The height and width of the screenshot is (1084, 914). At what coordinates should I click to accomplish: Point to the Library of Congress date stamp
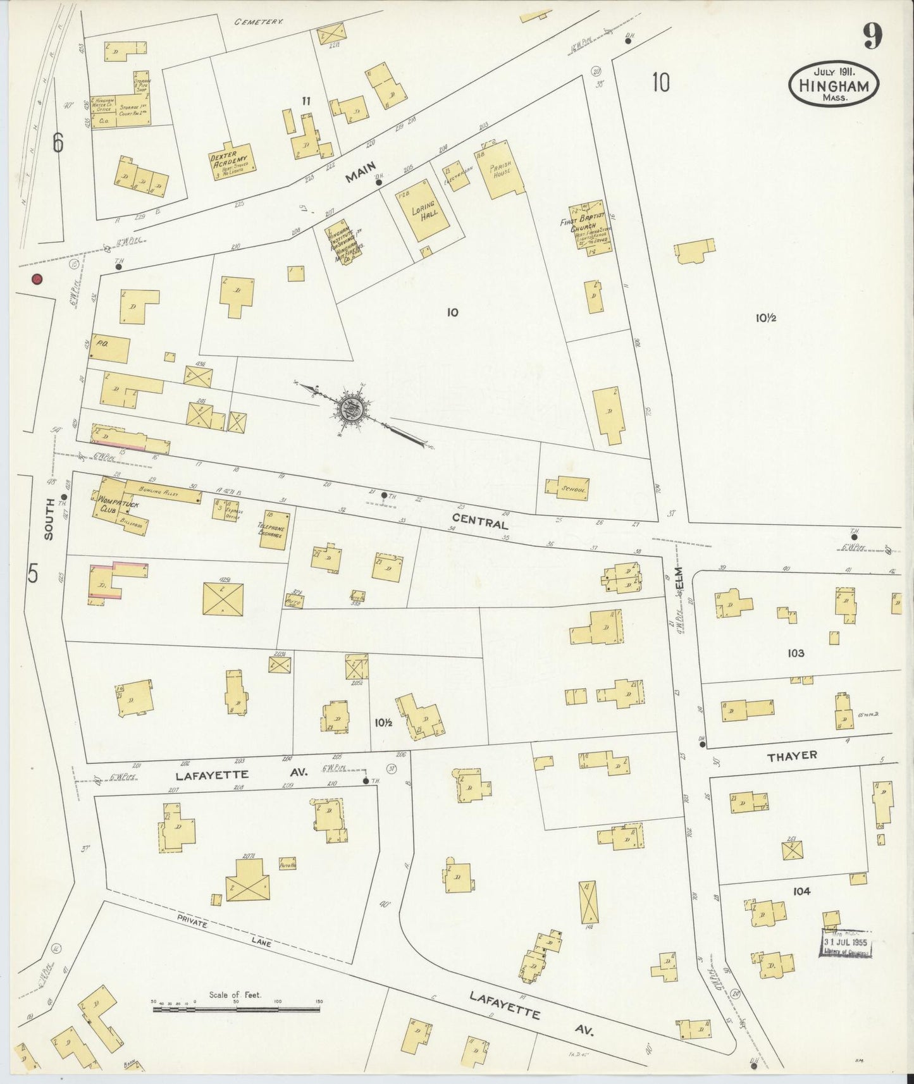(846, 944)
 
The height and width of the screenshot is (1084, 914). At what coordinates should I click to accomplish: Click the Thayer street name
(791, 755)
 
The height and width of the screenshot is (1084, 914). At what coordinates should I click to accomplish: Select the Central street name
(488, 524)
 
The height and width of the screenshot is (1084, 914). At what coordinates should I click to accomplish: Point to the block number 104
(800, 891)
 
